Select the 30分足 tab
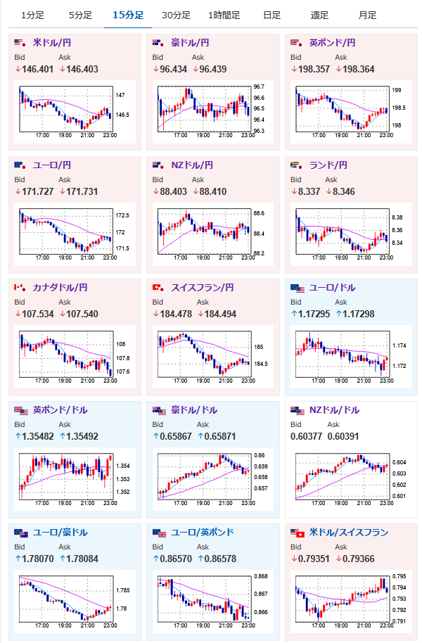click(x=175, y=15)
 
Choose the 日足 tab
click(x=271, y=15)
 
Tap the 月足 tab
click(x=366, y=15)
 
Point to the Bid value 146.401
click(x=35, y=69)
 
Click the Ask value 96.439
click(x=219, y=69)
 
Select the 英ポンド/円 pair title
click(x=332, y=43)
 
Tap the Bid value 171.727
click(x=35, y=191)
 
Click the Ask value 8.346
click(x=359, y=191)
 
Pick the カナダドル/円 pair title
click(x=60, y=288)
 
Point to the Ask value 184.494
click(x=219, y=314)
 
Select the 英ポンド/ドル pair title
click(x=60, y=410)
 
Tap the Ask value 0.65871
click(x=219, y=436)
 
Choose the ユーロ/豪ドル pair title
click(x=60, y=533)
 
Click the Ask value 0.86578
click(x=219, y=559)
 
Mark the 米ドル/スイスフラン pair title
click(x=348, y=533)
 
